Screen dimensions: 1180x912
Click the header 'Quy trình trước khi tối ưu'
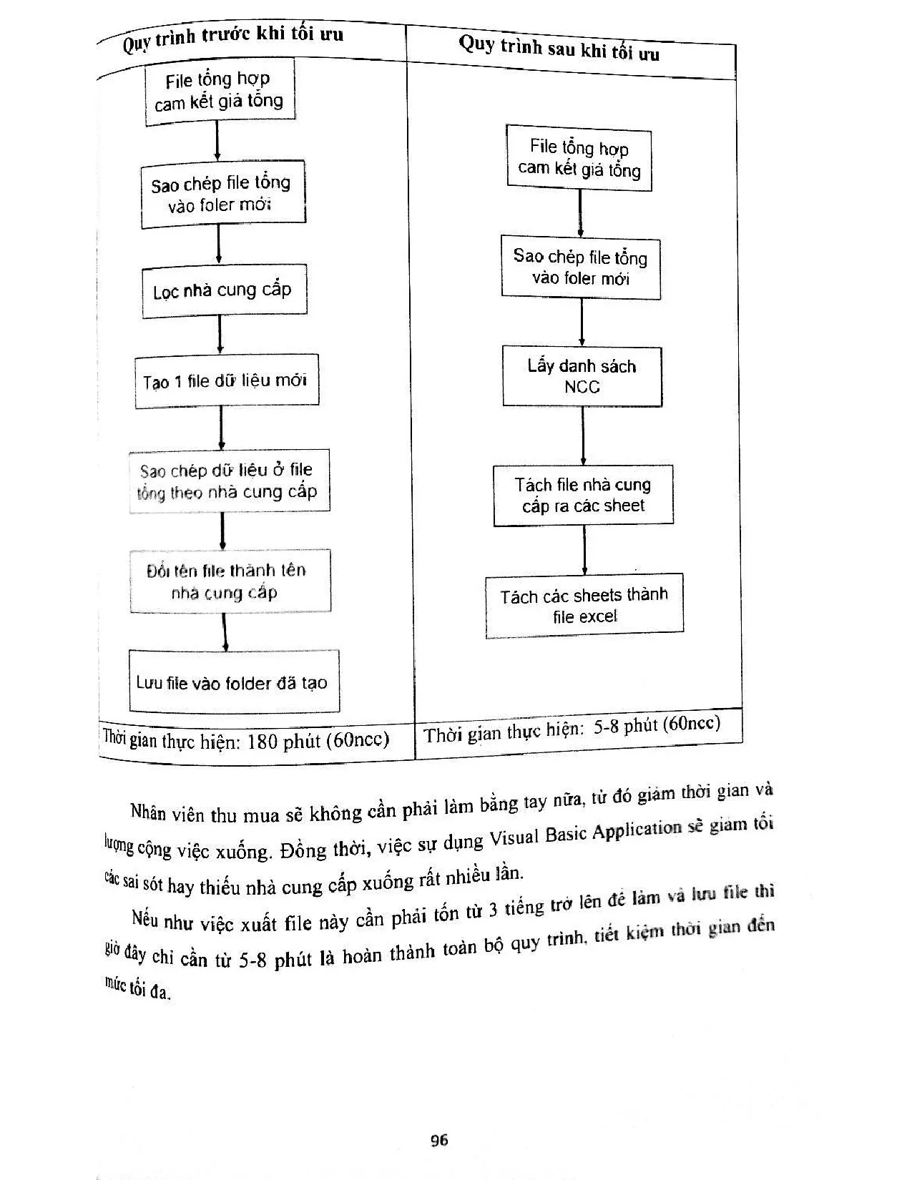232,39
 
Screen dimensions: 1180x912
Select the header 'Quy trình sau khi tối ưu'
559,48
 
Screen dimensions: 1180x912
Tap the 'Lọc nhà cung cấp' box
223,290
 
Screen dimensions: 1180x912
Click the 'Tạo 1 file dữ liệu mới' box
226,382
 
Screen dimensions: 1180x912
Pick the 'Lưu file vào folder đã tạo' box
232,682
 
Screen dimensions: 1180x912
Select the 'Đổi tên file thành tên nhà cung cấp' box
230,581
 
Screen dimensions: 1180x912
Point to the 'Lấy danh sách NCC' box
582,376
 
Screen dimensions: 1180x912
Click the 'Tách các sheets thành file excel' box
584,606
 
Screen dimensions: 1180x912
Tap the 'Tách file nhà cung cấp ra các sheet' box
583,495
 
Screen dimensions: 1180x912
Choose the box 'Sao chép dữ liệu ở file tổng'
229,481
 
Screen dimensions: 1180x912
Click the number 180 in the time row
262,742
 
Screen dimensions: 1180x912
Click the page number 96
439,1140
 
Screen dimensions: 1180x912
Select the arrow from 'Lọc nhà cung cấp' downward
220,335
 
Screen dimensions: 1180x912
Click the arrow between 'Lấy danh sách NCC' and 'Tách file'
583,436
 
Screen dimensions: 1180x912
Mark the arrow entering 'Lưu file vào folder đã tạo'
225,631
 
